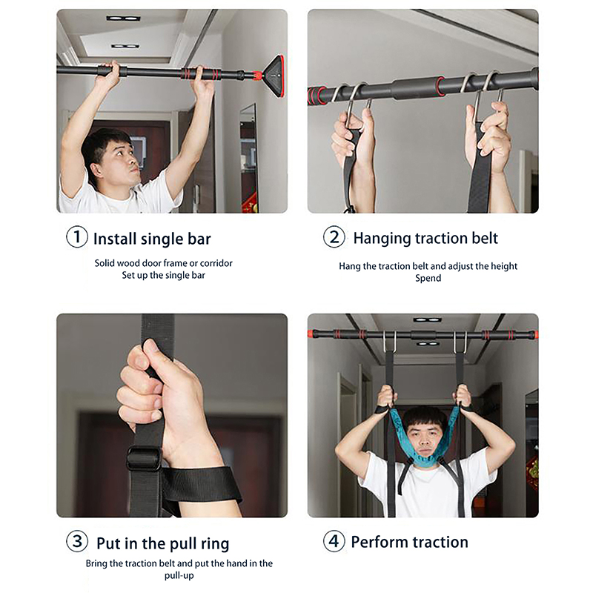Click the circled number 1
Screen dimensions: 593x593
77,237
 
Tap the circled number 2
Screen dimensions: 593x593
334,237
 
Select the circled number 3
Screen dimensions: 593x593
77,541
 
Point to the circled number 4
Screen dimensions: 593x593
334,541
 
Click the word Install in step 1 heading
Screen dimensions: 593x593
115,239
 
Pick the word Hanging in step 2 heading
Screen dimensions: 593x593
382,239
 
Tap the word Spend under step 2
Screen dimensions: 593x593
428,279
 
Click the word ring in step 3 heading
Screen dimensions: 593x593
215,544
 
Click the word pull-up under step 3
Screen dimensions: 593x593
179,576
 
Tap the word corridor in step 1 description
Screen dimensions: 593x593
216,263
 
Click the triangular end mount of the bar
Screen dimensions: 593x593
274,78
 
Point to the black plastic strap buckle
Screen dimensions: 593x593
144,458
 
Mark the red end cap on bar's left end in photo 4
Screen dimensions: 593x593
311,334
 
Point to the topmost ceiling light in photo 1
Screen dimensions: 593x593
123,18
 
